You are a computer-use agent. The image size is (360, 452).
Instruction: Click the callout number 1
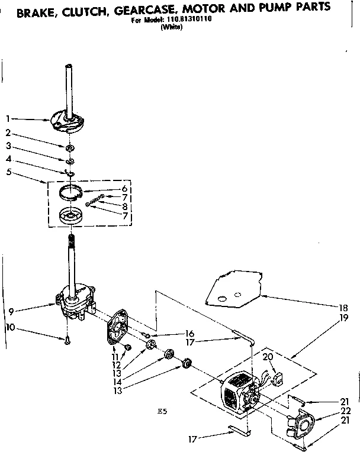point(9,118)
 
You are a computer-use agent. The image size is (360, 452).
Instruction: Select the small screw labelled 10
point(67,340)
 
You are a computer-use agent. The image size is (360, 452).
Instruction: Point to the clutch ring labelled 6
point(72,191)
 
